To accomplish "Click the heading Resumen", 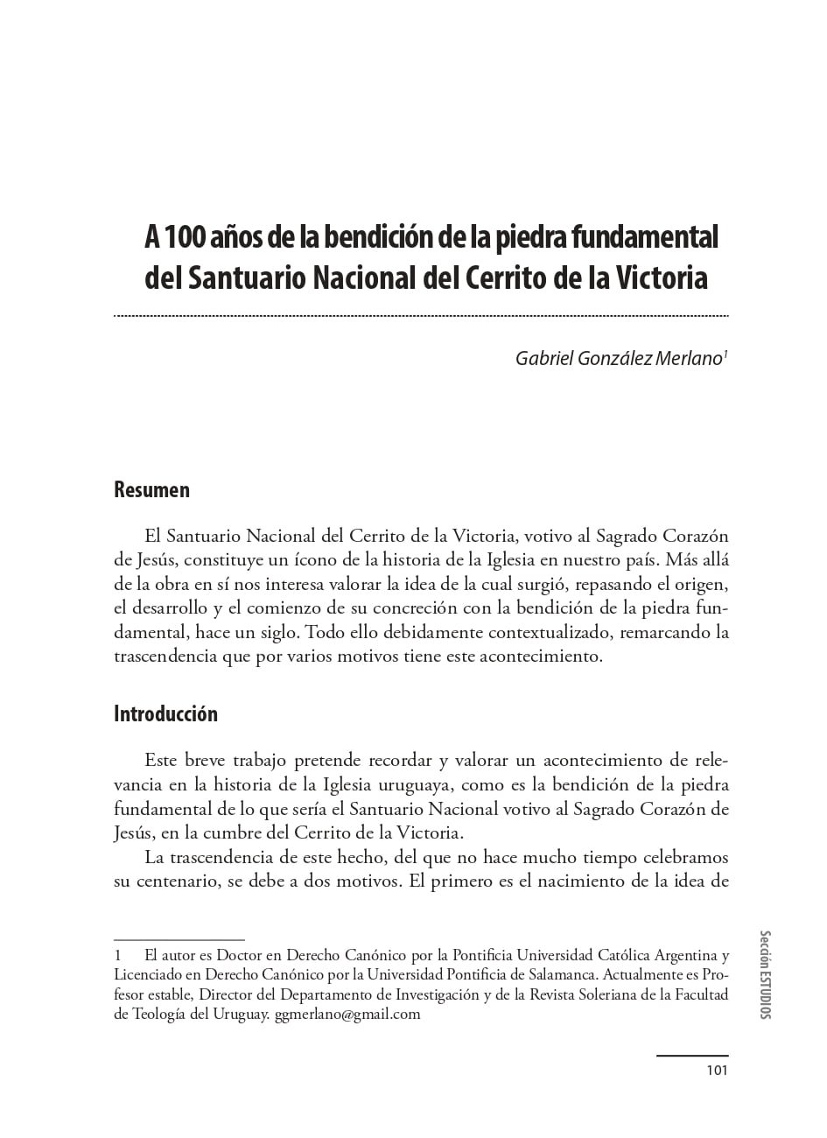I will coord(151,489).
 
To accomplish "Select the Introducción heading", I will coord(165,713).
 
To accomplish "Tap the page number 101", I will coord(717,1069).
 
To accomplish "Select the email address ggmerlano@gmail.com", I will coord(347,1015).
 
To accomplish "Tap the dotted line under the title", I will coord(421,315).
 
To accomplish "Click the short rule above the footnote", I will coord(179,939).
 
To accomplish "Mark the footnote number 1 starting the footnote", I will coord(118,955).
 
